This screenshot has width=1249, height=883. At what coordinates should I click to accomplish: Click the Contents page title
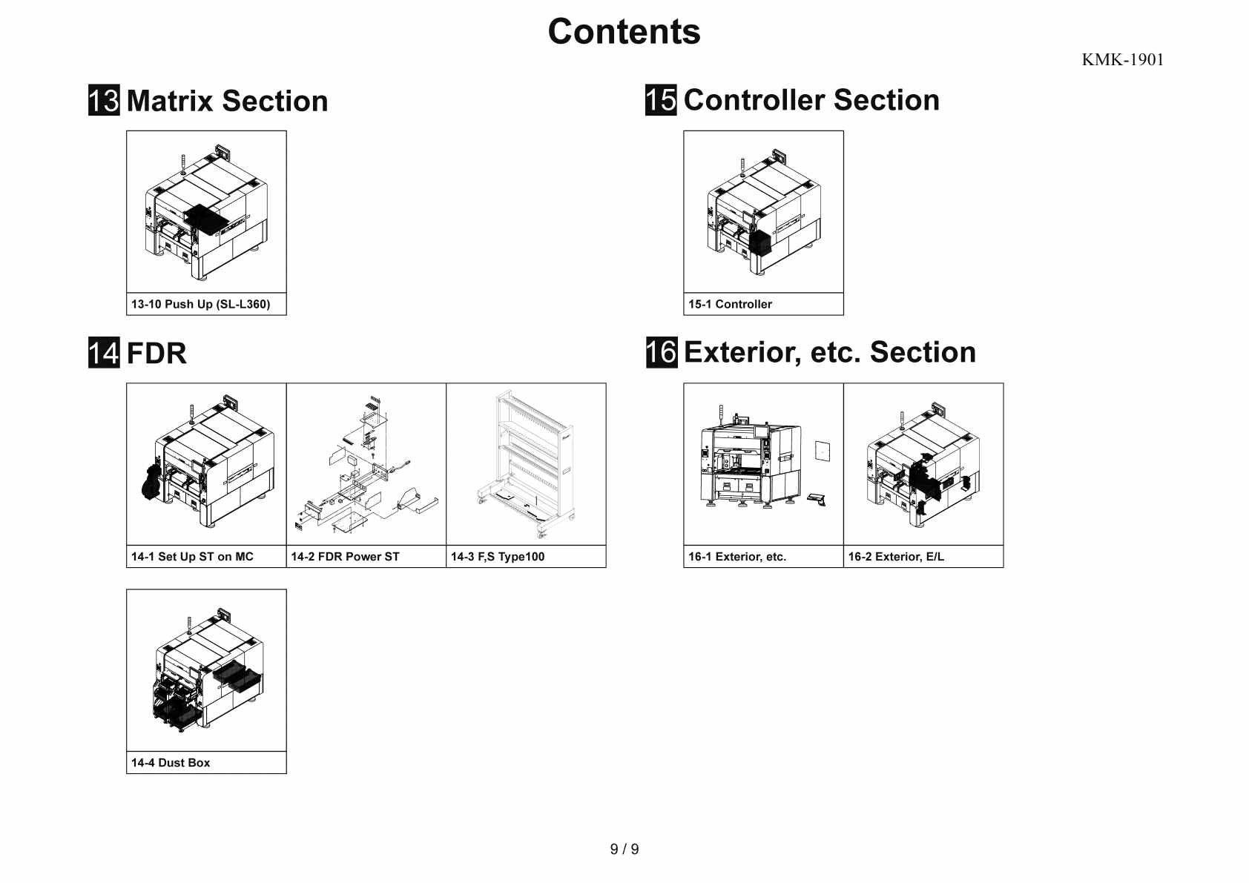[x=624, y=32]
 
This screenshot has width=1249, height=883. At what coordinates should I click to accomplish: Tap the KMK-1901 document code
[x=1122, y=60]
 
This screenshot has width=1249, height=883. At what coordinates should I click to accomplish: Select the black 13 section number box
[x=104, y=101]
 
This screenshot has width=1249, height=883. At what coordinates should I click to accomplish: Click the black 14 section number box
[x=104, y=353]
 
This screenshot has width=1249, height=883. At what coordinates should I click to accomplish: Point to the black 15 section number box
[x=661, y=100]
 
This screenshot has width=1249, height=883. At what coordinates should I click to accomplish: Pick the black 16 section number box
[x=661, y=352]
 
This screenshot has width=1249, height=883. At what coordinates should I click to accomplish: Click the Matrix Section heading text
[x=227, y=101]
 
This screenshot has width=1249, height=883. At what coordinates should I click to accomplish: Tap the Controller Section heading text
[x=811, y=100]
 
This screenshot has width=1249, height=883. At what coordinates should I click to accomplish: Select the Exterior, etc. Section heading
[x=829, y=352]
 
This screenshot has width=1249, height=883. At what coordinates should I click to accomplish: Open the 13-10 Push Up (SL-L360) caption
[x=201, y=304]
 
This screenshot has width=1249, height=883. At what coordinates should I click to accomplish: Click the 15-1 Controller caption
[x=730, y=304]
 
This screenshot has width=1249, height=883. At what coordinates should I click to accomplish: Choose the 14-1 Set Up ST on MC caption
[x=192, y=557]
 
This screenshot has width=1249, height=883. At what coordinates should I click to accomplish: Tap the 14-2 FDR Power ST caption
[x=345, y=557]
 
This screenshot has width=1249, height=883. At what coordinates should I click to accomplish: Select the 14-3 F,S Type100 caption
[x=497, y=557]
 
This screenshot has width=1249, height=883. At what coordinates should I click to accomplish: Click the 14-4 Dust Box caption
[x=171, y=763]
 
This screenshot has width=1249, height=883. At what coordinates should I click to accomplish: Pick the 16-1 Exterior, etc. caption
[x=736, y=557]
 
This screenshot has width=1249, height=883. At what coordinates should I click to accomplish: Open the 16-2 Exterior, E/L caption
[x=896, y=557]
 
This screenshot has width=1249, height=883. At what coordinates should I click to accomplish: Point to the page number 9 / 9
[x=624, y=850]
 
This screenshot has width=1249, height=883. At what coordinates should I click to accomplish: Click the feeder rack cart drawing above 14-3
[x=525, y=464]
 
